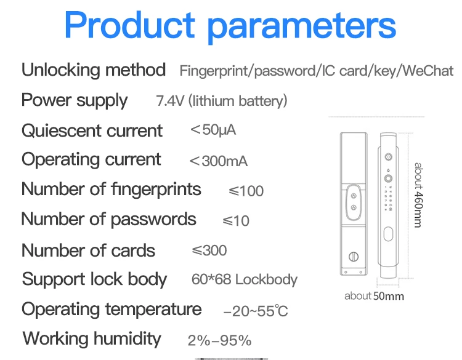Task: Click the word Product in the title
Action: pyautogui.click(x=129, y=26)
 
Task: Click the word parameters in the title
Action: pyautogui.click(x=301, y=26)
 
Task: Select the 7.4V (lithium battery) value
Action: pyautogui.click(x=221, y=101)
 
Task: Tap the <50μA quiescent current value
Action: pyautogui.click(x=213, y=130)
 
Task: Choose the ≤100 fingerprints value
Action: pyautogui.click(x=246, y=191)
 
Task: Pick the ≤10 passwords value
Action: pyautogui.click(x=236, y=220)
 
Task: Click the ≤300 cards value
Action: pyautogui.click(x=209, y=250)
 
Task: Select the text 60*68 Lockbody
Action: pyautogui.click(x=244, y=279)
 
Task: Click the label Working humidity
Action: pyautogui.click(x=92, y=338)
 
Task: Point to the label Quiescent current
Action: pyautogui.click(x=92, y=130)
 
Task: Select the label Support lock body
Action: pyautogui.click(x=94, y=279)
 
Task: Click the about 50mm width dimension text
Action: pyautogui.click(x=374, y=296)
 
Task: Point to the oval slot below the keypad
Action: pyautogui.click(x=388, y=234)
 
